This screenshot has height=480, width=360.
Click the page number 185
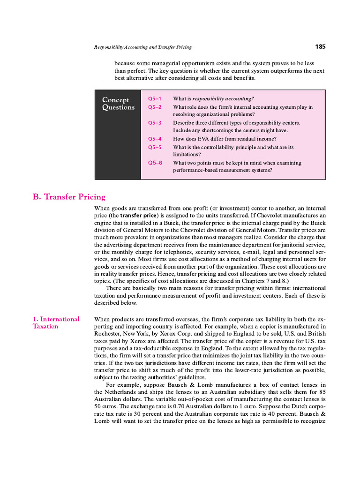320,47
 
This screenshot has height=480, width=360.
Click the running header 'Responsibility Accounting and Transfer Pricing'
143,47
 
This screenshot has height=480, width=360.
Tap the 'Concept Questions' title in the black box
118,104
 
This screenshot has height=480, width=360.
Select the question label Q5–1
155,99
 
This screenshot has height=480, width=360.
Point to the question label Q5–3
155,123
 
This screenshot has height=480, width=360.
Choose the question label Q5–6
155,163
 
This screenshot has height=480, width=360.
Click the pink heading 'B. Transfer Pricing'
69,197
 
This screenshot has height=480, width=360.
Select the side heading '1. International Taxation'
56,322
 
